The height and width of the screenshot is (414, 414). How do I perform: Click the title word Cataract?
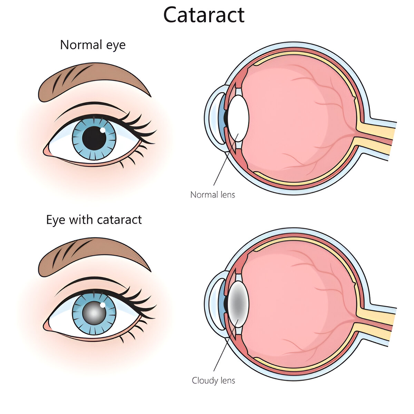[204, 15]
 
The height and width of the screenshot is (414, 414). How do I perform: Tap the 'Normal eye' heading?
[93, 45]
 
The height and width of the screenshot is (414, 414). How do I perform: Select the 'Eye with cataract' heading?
[94, 220]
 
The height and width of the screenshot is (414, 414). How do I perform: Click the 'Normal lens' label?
[213, 195]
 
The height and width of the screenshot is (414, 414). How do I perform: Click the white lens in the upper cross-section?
[238, 118]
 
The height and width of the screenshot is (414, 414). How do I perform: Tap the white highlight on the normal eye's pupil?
[103, 130]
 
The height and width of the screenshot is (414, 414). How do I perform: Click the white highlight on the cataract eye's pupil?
[103, 305]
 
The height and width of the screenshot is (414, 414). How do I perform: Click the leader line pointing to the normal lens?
[226, 159]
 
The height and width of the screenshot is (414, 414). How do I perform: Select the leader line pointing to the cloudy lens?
[226, 345]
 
